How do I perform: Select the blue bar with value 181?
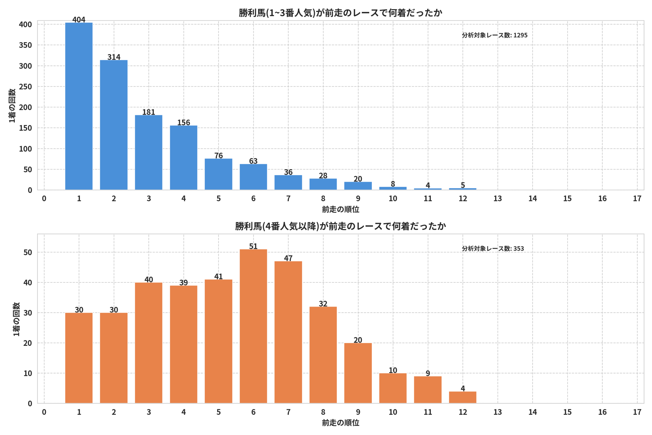(148, 152)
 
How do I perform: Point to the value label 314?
(114, 57)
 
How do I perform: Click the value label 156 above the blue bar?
(184, 123)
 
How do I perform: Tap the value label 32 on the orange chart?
(323, 304)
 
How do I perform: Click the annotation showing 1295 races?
(495, 35)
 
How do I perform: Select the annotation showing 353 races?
(493, 248)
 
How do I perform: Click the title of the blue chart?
(341, 13)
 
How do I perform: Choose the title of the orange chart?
(341, 226)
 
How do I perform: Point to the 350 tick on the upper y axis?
(25, 45)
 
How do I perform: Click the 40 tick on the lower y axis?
(28, 283)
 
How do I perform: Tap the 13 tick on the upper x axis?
(498, 199)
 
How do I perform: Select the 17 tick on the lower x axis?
(637, 412)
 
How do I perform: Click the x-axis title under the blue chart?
(341, 209)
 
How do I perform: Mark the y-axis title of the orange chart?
(16, 319)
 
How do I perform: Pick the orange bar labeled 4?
(463, 397)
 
